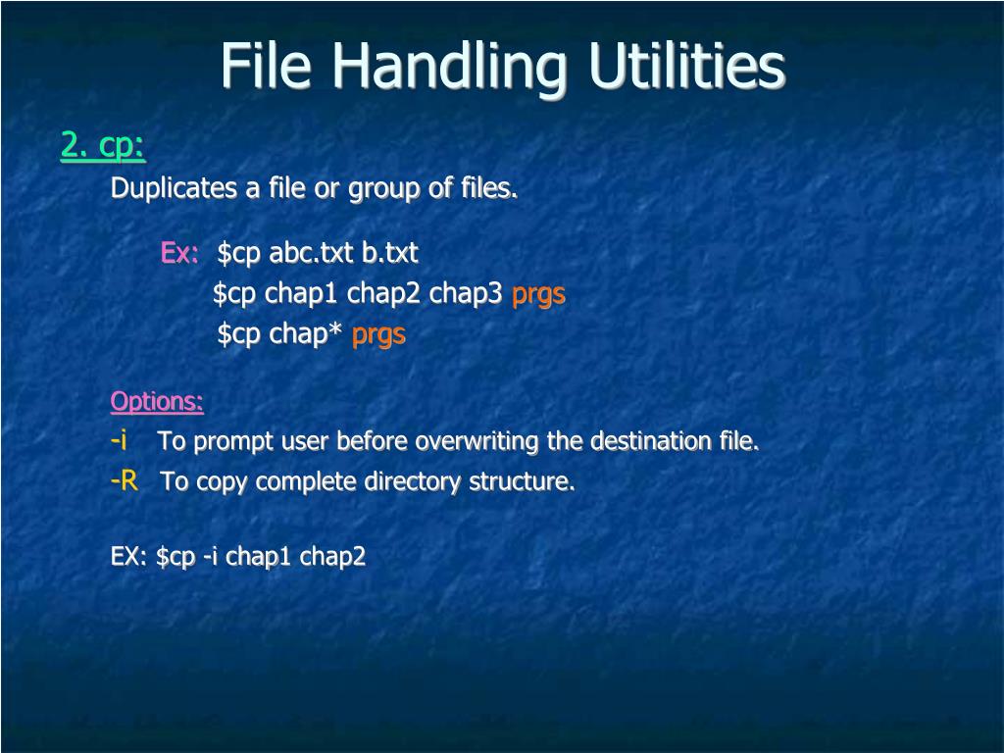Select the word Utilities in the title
(687, 66)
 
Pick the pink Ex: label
(179, 253)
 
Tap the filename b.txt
(390, 253)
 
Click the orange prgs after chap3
(539, 294)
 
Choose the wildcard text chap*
(306, 334)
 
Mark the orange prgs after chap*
(378, 335)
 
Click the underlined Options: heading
(157, 401)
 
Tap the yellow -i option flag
(119, 441)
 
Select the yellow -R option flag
(125, 481)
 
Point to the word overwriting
(477, 442)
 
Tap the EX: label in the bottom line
(128, 557)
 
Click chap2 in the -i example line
(332, 557)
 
